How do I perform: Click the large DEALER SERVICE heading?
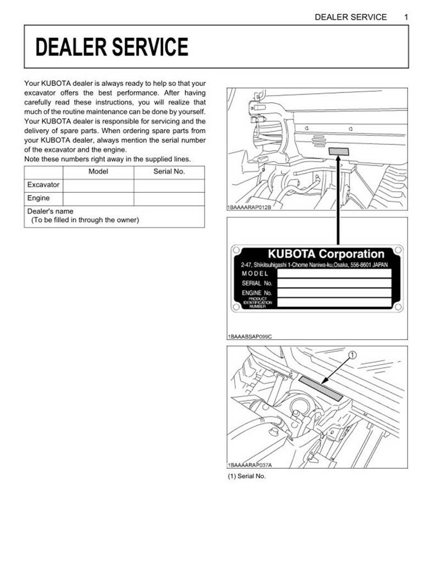112,47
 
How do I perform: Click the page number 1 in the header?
406,17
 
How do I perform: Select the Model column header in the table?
98,171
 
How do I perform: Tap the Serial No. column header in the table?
169,171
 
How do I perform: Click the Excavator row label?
43,185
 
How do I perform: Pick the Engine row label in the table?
38,198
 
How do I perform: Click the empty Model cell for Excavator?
98,185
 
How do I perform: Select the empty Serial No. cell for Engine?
169,198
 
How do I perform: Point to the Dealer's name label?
50,211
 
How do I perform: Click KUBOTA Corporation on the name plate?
326,254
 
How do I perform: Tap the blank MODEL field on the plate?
333,273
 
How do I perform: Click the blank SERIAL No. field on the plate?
333,283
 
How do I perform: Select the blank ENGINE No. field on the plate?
333,293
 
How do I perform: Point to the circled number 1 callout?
352,356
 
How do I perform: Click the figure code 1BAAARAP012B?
249,208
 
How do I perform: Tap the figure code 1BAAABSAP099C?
250,336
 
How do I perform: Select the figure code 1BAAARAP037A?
249,465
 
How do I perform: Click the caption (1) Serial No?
246,476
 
